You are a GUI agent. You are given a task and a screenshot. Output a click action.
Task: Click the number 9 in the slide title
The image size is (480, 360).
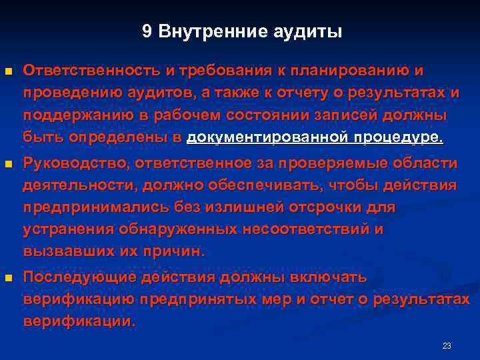coord(146,31)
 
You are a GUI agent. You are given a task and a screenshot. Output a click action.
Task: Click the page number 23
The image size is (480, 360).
coord(447,345)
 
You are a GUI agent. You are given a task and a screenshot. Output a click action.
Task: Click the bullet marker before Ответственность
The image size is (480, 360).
coord(8,71)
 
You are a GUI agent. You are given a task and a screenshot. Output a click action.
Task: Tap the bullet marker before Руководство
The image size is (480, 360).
coord(8,164)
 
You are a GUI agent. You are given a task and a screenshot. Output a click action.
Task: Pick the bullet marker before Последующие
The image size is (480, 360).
coord(8,277)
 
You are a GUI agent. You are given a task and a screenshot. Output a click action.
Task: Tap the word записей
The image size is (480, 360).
coord(342,115)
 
